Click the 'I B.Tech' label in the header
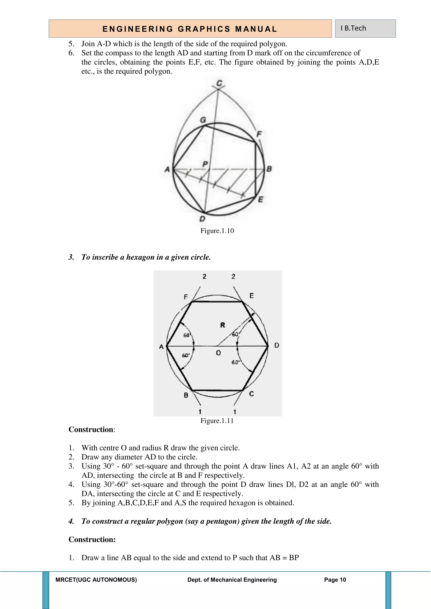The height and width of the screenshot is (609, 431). coord(353,28)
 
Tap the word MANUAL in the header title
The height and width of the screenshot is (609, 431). coord(256,29)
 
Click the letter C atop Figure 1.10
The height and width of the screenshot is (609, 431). coord(219,83)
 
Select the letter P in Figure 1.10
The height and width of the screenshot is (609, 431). coord(205,164)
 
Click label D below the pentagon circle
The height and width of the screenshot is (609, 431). coord(202,219)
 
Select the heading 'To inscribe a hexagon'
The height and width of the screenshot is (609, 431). coord(146,257)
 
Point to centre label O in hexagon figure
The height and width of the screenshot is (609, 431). coord(218,353)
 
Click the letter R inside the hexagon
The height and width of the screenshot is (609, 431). coord(222,325)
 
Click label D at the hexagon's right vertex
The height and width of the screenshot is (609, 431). coord(277,345)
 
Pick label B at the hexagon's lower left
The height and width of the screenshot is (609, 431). coord(186,395)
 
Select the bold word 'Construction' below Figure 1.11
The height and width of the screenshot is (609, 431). coord(91,429)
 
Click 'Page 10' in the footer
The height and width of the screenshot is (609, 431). coord(335,580)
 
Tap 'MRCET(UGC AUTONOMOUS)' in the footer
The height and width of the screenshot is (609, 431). coord(96,580)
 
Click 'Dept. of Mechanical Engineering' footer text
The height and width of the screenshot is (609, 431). coord(232,580)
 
